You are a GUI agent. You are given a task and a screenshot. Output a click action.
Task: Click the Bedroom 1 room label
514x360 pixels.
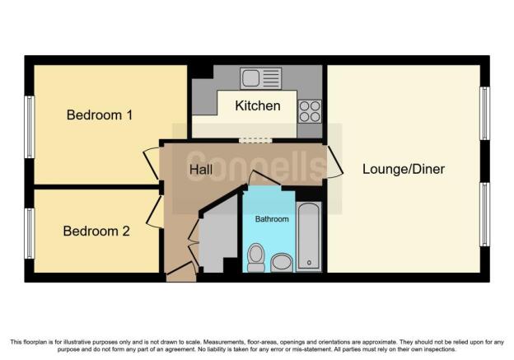pyautogui.click(x=100, y=115)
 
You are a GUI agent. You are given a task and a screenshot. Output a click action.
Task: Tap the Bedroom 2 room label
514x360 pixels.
pyautogui.click(x=96, y=231)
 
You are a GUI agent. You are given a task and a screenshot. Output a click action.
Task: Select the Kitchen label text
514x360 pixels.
pyautogui.click(x=258, y=106)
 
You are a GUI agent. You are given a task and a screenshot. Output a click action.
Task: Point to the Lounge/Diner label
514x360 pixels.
pyautogui.click(x=404, y=169)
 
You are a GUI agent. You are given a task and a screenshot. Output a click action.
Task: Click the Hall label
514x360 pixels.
pyautogui.click(x=201, y=170)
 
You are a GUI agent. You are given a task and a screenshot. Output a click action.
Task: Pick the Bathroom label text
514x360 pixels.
pyautogui.click(x=272, y=219)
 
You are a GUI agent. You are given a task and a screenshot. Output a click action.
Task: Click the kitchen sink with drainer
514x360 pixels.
pyautogui.click(x=260, y=79)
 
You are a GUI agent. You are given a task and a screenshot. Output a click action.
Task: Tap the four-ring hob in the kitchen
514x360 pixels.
pyautogui.click(x=310, y=111)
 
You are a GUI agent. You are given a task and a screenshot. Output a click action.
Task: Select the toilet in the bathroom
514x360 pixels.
pyautogui.click(x=256, y=258)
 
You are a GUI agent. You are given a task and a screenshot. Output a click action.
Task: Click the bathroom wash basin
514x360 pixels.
pyautogui.click(x=282, y=263)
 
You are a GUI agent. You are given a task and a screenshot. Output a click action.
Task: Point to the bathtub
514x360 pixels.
pyautogui.click(x=309, y=236)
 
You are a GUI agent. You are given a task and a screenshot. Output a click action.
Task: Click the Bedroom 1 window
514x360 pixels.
pyautogui.click(x=30, y=127)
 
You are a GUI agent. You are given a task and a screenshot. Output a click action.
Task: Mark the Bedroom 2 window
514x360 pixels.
pyautogui.click(x=30, y=233)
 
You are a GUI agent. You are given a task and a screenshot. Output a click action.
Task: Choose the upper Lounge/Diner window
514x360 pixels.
pyautogui.click(x=485, y=114)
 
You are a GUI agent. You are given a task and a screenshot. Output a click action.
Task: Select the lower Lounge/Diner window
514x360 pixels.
pyautogui.click(x=485, y=214)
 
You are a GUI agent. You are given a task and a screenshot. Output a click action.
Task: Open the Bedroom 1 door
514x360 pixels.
pyautogui.click(x=152, y=164)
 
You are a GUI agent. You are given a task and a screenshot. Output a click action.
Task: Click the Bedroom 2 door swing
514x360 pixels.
pyautogui.click(x=155, y=212)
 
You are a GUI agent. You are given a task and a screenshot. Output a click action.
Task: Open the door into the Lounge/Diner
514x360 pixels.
pyautogui.click(x=335, y=162)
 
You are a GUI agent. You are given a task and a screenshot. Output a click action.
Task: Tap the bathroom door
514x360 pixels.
pyautogui.click(x=264, y=178)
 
